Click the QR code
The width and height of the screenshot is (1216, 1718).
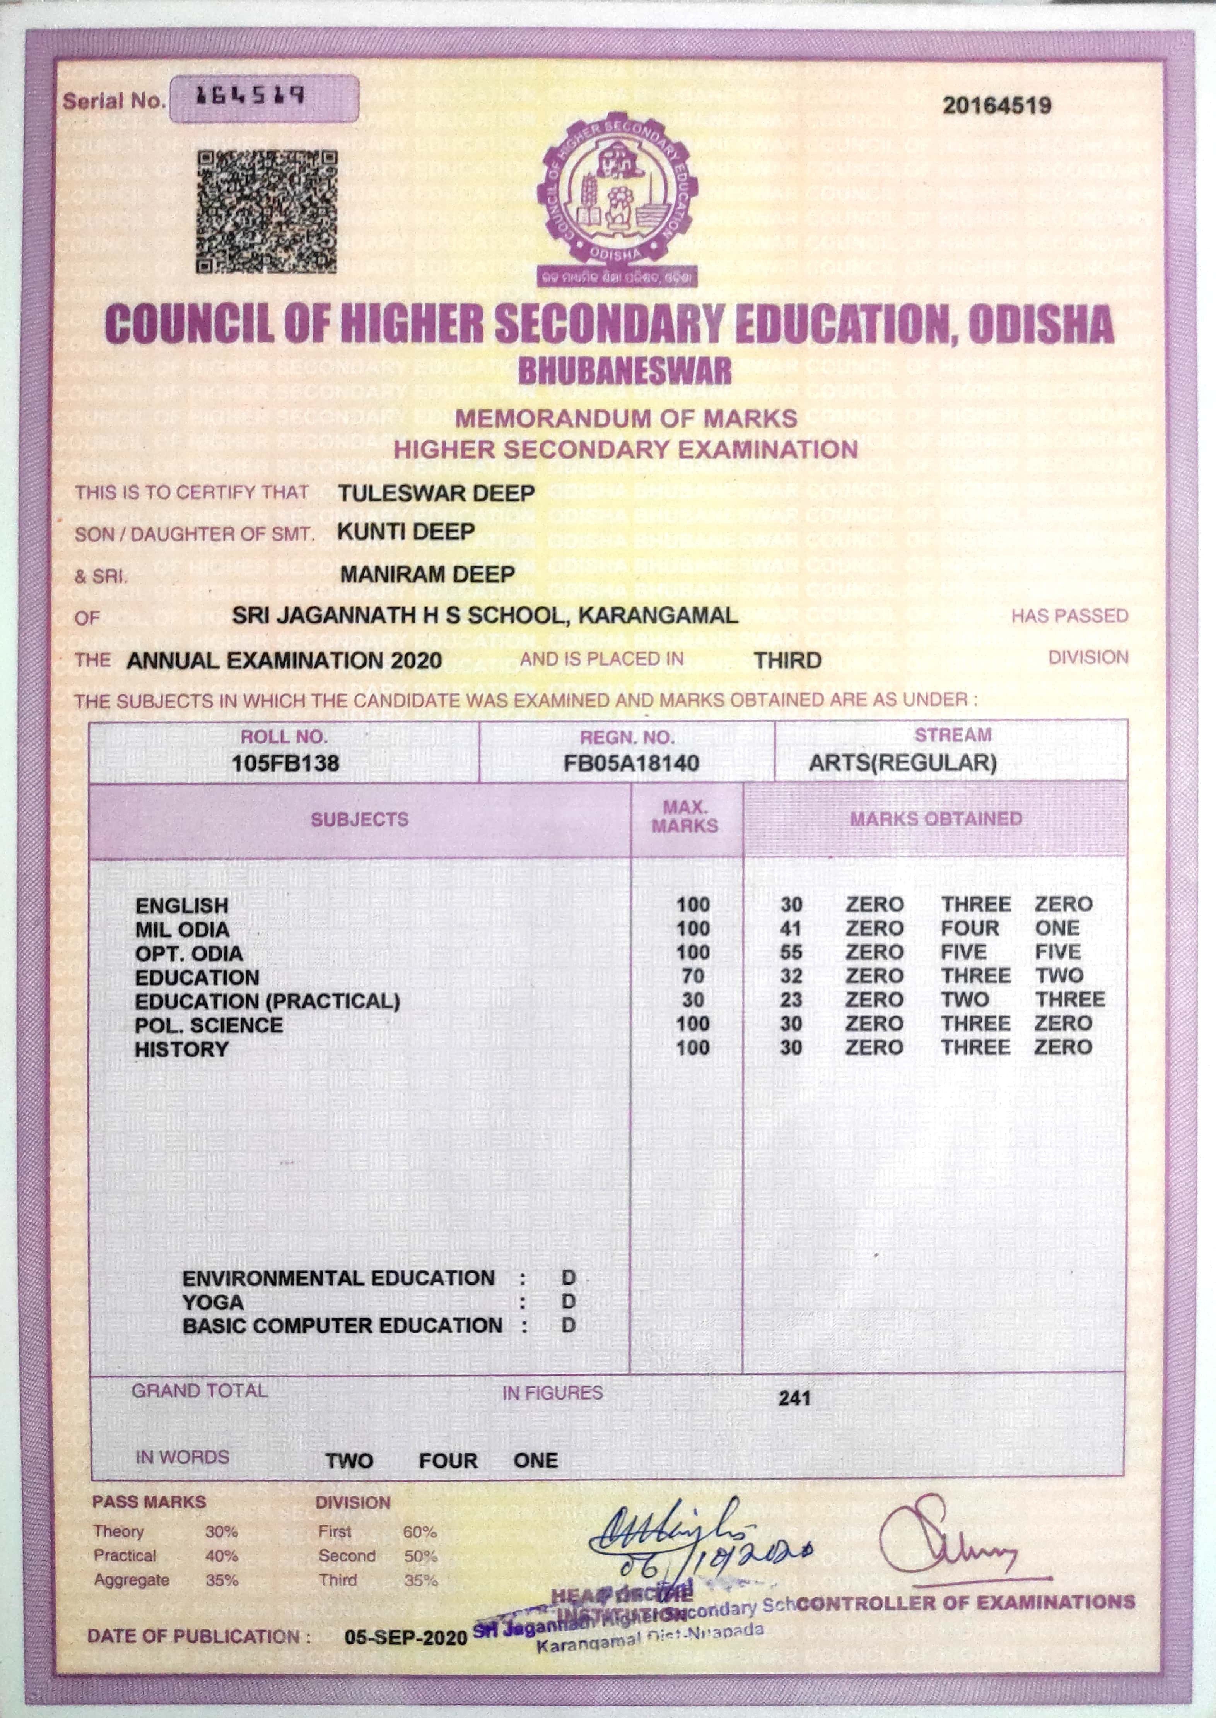coord(266,212)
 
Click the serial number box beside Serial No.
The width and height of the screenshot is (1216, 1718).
coord(263,99)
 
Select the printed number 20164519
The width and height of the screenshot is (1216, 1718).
coord(997,105)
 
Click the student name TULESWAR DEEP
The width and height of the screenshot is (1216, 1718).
coord(436,493)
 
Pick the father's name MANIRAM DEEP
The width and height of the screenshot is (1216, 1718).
coord(427,575)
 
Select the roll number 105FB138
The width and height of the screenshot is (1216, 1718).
coord(285,763)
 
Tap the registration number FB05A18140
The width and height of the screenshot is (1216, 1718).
coord(631,763)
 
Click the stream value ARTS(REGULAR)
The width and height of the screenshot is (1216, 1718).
coord(902,763)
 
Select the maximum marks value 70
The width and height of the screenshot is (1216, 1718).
coord(693,977)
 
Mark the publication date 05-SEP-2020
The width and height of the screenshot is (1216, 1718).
coord(406,1637)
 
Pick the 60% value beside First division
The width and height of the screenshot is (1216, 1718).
coord(419,1532)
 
